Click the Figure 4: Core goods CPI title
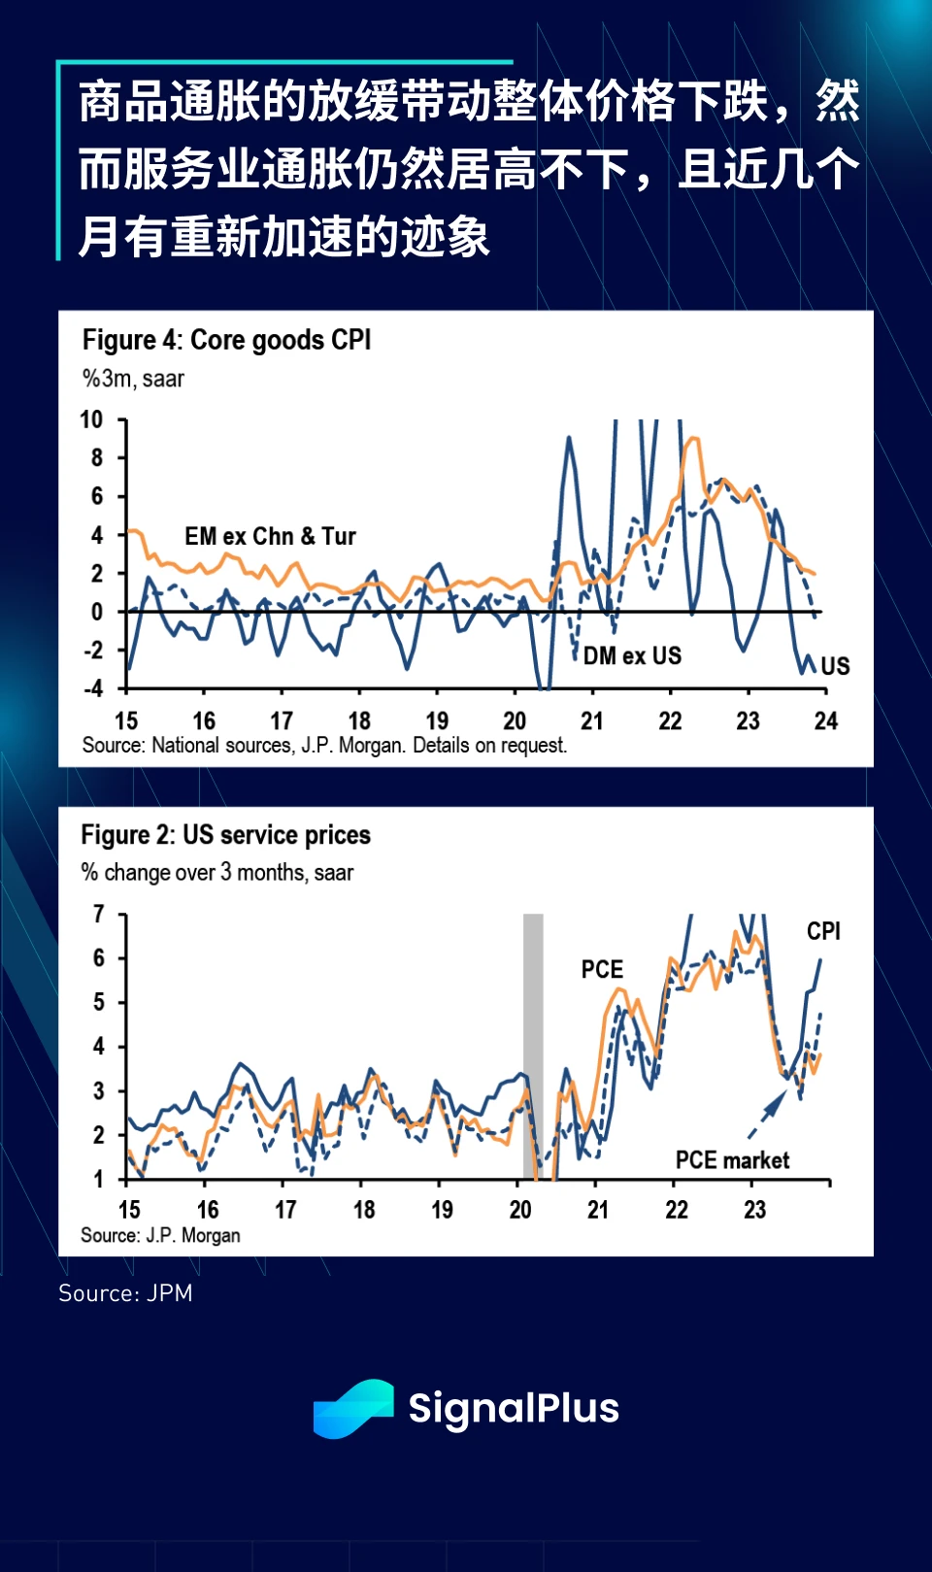(x=226, y=340)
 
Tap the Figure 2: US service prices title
(x=225, y=835)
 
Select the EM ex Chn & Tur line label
(x=270, y=536)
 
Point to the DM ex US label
(x=632, y=656)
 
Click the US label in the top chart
(x=835, y=666)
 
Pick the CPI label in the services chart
(x=823, y=931)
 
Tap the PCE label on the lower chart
(x=602, y=969)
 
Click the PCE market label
(x=732, y=1160)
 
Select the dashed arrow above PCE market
(x=768, y=1114)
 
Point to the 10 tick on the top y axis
(x=91, y=419)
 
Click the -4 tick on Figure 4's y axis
(x=92, y=688)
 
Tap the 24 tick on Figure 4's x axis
(x=826, y=720)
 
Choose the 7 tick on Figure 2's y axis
(x=98, y=914)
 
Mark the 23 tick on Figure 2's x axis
(x=754, y=1210)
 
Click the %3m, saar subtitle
(x=133, y=379)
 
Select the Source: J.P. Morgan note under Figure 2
(x=160, y=1235)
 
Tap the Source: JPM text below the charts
(x=125, y=1293)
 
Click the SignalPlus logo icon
(x=353, y=1408)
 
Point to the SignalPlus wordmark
(x=513, y=1408)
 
